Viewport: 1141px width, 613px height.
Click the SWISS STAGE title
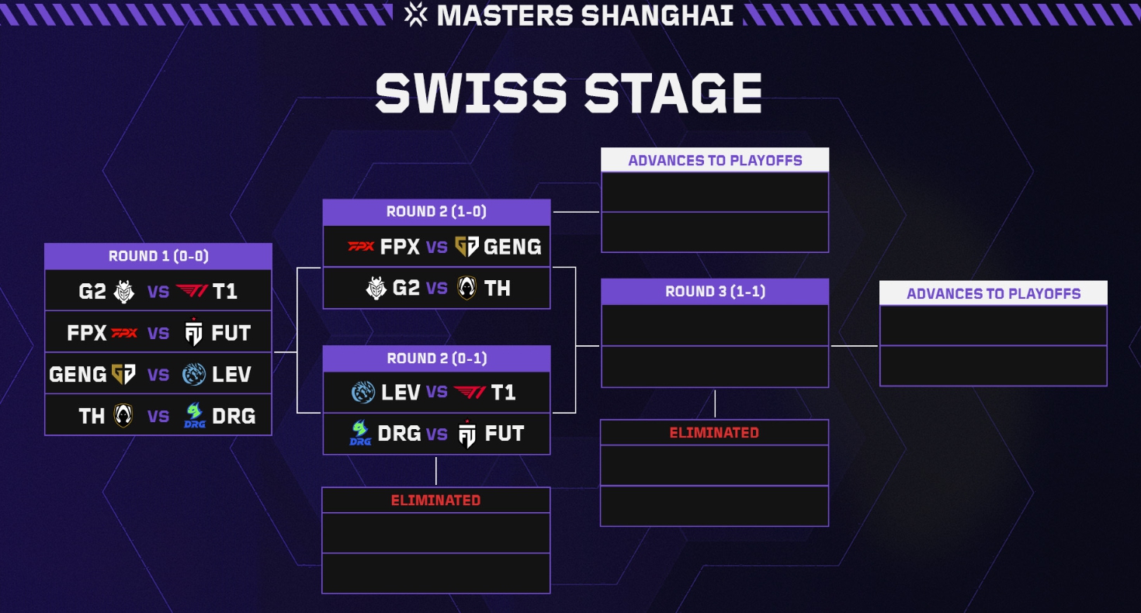[569, 93]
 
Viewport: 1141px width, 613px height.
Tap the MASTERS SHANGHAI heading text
[584, 16]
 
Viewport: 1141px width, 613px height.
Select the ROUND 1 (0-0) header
[158, 256]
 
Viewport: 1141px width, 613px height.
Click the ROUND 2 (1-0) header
[436, 212]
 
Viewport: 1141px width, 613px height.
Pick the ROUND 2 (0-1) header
[436, 358]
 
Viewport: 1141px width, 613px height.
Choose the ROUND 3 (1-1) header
[714, 292]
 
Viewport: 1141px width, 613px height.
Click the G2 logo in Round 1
[123, 291]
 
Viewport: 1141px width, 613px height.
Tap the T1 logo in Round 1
[192, 291]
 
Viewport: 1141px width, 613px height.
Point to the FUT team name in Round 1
[231, 333]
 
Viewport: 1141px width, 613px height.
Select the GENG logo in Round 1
[123, 375]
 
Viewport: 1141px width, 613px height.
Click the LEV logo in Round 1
[193, 375]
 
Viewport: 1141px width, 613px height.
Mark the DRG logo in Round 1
[194, 417]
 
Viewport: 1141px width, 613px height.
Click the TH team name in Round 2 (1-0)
[498, 289]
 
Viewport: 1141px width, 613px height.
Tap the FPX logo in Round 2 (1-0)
[360, 247]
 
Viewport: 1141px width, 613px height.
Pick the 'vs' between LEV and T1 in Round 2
[436, 392]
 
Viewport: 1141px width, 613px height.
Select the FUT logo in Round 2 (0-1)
[466, 434]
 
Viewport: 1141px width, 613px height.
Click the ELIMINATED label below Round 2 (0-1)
[435, 500]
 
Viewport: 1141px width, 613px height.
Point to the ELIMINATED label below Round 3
[714, 432]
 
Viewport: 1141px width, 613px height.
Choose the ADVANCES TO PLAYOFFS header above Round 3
[715, 161]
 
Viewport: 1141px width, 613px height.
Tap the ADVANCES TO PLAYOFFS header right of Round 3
[993, 294]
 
